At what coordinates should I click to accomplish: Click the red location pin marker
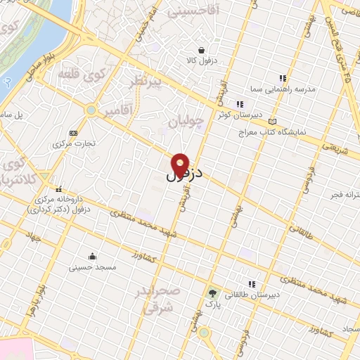coord(181,165)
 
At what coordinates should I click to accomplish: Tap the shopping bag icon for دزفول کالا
coord(202,50)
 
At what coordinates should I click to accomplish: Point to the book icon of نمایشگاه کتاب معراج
coord(272,121)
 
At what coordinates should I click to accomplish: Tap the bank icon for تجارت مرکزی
coord(73,133)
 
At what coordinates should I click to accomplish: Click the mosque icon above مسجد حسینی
coord(92,256)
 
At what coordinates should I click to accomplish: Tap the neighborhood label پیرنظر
coord(146,83)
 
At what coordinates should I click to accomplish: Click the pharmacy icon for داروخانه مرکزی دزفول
coord(59,189)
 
